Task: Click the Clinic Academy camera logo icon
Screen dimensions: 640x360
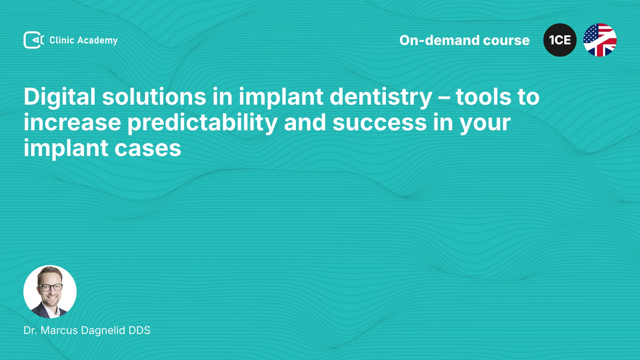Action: pyautogui.click(x=33, y=40)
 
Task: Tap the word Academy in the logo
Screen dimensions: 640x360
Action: pyautogui.click(x=97, y=41)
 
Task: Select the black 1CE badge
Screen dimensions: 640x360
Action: pyautogui.click(x=560, y=40)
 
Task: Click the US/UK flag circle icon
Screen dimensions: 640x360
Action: pyautogui.click(x=600, y=40)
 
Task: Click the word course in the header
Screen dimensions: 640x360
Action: pyautogui.click(x=506, y=41)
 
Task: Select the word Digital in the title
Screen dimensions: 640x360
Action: pyautogui.click(x=60, y=97)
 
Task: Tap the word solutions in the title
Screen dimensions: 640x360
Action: pyautogui.click(x=154, y=97)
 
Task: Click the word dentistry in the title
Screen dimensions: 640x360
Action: pyautogui.click(x=381, y=97)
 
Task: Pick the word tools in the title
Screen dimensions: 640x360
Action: pyautogui.click(x=483, y=97)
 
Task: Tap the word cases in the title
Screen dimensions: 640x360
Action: pyautogui.click(x=148, y=149)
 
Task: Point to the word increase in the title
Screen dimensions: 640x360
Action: pyautogui.click(x=72, y=122)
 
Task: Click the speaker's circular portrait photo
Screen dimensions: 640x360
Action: pyautogui.click(x=50, y=292)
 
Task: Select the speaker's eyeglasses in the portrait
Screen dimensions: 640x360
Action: pyautogui.click(x=50, y=287)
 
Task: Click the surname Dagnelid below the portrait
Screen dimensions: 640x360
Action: pyautogui.click(x=103, y=331)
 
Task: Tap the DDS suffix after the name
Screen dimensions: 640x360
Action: pyautogui.click(x=139, y=330)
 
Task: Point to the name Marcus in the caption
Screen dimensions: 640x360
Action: pyautogui.click(x=59, y=330)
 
